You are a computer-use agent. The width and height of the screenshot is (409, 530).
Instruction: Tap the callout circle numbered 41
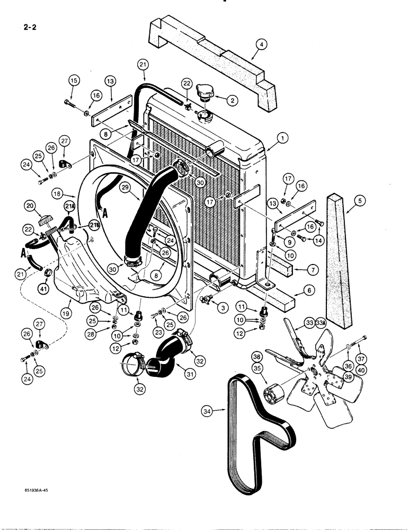(43, 289)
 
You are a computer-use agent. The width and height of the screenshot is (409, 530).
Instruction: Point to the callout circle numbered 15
(74, 81)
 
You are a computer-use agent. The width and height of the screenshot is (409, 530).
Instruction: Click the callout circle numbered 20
(43, 206)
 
